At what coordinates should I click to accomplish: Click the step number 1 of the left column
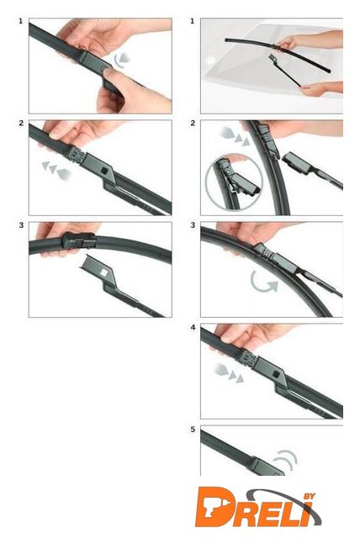(20, 21)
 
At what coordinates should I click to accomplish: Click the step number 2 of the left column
(21, 124)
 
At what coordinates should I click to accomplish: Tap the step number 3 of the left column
(21, 225)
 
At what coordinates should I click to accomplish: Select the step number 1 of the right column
(192, 21)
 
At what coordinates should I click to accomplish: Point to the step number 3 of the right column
(193, 225)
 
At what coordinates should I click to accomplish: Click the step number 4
(193, 327)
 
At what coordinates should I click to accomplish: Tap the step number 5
(193, 430)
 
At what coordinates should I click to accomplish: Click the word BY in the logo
(309, 497)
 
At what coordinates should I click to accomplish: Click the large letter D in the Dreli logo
(217, 506)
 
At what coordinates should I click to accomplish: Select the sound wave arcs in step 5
(286, 459)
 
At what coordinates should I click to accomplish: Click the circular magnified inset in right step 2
(233, 182)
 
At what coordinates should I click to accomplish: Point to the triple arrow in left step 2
(56, 170)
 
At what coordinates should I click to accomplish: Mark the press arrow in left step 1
(121, 59)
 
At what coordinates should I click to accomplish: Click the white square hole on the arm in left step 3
(103, 272)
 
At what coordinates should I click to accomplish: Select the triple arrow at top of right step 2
(235, 134)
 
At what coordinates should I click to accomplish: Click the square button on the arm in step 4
(276, 373)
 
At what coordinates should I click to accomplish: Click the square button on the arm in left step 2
(103, 170)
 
